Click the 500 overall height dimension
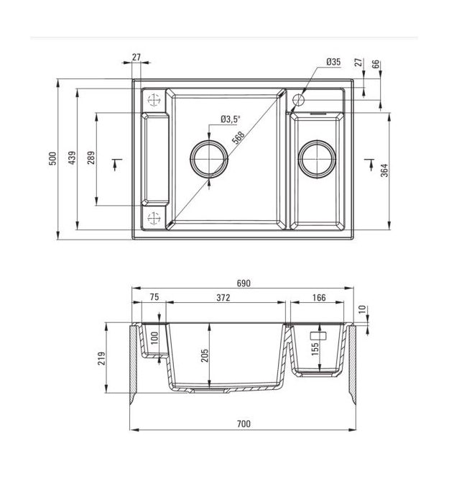pos(52,158)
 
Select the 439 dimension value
pos(72,158)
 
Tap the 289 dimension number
pos(91,158)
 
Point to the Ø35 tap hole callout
pos(333,62)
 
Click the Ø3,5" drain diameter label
pos(231,119)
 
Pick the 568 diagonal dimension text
pos(239,137)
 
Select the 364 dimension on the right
pos(384,170)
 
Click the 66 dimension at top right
pos(376,64)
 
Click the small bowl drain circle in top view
pos(317,159)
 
